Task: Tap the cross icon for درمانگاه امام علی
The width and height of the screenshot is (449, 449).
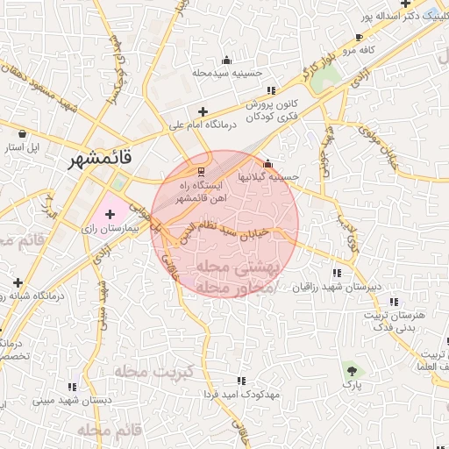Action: click(x=203, y=111)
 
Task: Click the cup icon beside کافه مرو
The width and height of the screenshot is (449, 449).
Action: click(x=358, y=37)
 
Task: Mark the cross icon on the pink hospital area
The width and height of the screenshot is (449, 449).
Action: click(x=110, y=214)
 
